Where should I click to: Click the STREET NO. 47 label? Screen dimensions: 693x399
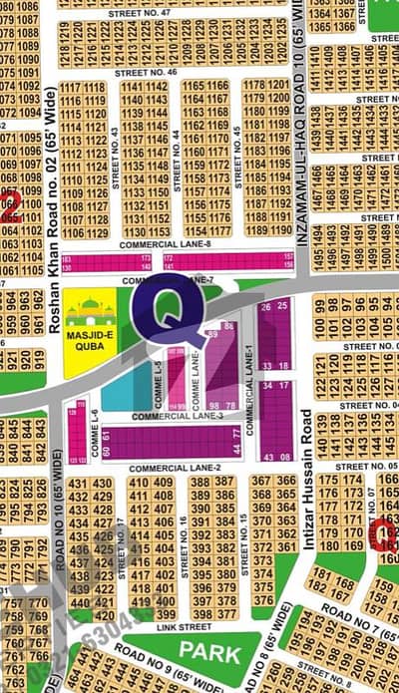(x=149, y=12)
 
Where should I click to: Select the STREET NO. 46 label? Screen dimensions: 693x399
(x=146, y=73)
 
